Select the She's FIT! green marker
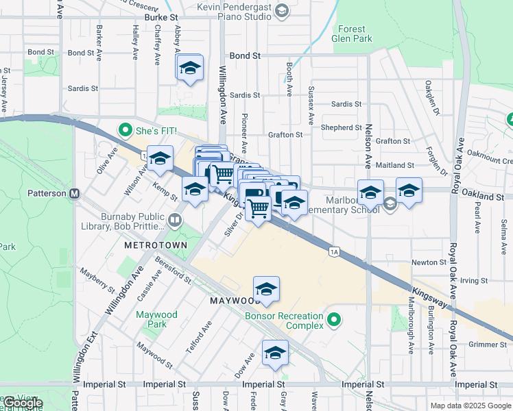(125, 129)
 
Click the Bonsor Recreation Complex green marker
(334, 319)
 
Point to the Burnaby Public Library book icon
(175, 220)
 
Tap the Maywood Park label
(156, 319)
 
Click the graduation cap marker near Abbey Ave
(190, 68)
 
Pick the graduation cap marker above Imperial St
(275, 353)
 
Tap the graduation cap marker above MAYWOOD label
(266, 289)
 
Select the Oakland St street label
(483, 196)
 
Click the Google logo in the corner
(22, 403)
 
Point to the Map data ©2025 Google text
(470, 406)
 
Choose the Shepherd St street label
(336, 127)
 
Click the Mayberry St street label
(96, 281)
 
